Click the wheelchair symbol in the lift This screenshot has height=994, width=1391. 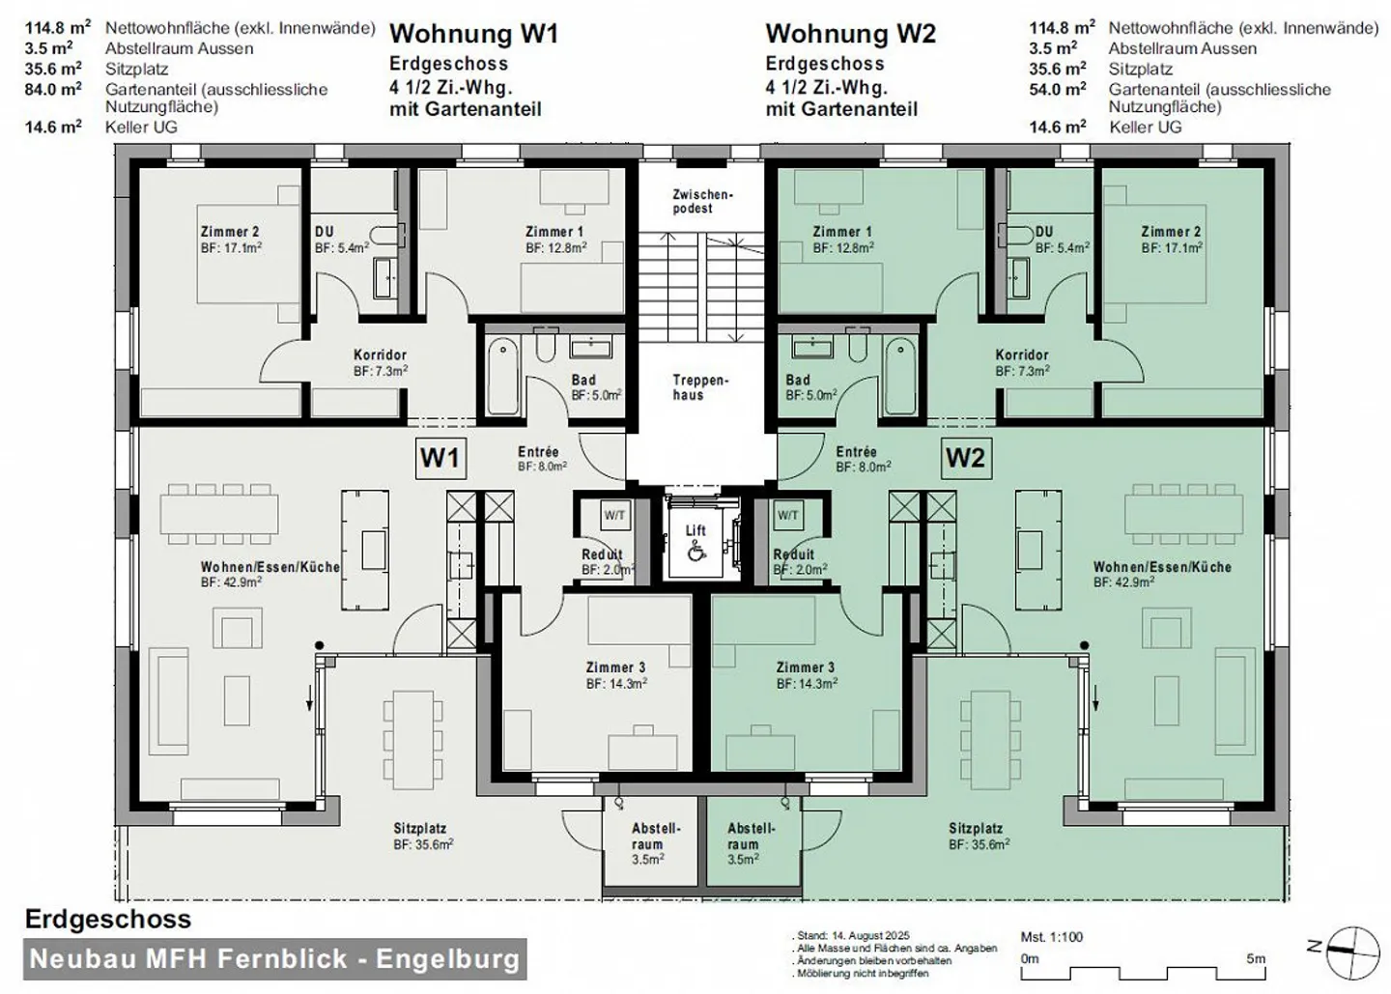click(695, 552)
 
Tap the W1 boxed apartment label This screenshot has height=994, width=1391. click(440, 457)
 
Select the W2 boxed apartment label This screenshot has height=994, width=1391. click(965, 457)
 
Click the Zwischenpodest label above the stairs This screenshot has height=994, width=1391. click(702, 201)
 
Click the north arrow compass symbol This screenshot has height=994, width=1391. click(1352, 950)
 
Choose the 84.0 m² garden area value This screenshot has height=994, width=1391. click(53, 90)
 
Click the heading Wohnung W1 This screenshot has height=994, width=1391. click(473, 34)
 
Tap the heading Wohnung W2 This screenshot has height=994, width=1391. click(850, 34)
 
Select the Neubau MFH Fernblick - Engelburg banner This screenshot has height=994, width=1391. click(275, 959)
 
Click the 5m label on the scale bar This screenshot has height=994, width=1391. click(1255, 959)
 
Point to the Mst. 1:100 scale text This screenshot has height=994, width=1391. click(1052, 937)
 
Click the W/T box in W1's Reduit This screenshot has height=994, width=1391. click(614, 516)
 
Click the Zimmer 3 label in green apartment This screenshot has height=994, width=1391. click(805, 667)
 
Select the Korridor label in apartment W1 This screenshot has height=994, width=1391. click(380, 355)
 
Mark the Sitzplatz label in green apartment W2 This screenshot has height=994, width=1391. click(975, 829)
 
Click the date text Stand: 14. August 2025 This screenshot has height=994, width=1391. click(853, 937)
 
